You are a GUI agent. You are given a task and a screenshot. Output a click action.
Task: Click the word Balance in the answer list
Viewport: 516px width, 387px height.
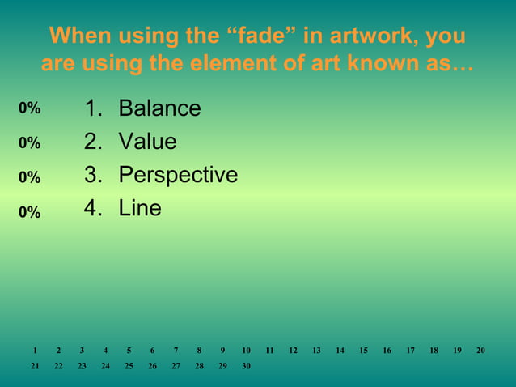coord(159,108)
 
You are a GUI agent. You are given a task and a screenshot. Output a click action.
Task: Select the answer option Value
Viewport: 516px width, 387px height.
coord(147,142)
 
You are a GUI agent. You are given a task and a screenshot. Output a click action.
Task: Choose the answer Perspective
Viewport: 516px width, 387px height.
coord(178,175)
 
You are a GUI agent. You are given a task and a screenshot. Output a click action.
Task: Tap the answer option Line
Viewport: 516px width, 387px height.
coord(140,208)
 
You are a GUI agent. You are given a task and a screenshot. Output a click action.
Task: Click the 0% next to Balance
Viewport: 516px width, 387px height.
coord(30,108)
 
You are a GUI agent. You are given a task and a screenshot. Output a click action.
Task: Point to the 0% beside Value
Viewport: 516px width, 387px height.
coord(30,143)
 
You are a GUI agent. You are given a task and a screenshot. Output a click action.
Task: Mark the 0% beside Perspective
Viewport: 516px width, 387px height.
coord(30,176)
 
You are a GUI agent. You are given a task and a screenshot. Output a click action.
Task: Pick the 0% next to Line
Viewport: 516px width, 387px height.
coord(30,212)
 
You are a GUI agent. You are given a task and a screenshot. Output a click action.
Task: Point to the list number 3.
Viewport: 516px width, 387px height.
coord(92,175)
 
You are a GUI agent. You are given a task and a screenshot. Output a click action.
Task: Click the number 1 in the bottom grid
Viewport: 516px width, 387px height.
coord(35,351)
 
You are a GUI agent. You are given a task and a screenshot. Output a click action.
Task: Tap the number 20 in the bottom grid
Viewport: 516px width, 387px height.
coord(481,351)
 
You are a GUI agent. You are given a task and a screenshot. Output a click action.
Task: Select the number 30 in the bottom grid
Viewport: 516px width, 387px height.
coord(246,366)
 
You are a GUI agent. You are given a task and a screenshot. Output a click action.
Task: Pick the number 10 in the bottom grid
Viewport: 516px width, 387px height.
coord(246,351)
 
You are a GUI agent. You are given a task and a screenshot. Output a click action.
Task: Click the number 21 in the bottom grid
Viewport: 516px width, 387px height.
coord(35,366)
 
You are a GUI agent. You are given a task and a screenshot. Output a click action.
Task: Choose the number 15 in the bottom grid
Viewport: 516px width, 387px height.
coord(364,351)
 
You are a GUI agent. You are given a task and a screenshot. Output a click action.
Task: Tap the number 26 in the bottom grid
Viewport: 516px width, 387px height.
coord(152,366)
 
